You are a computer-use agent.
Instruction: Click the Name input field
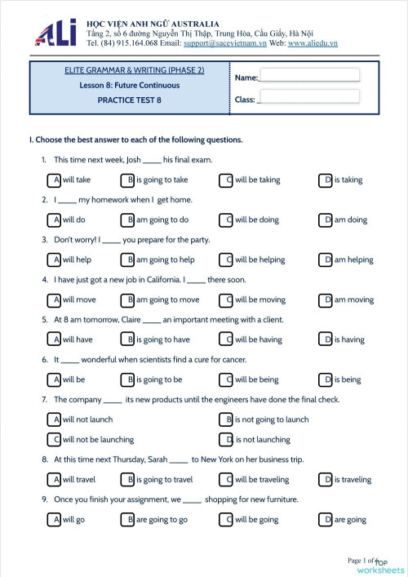click(x=309, y=75)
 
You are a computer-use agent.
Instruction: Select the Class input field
click(x=309, y=97)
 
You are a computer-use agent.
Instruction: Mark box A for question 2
click(x=55, y=220)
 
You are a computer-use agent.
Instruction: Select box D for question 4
click(x=327, y=300)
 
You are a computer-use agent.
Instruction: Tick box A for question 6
click(x=55, y=379)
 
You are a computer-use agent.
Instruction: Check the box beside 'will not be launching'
click(x=55, y=439)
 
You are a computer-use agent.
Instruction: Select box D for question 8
click(x=327, y=480)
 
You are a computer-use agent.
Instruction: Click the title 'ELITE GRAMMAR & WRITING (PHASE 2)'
click(x=134, y=70)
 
